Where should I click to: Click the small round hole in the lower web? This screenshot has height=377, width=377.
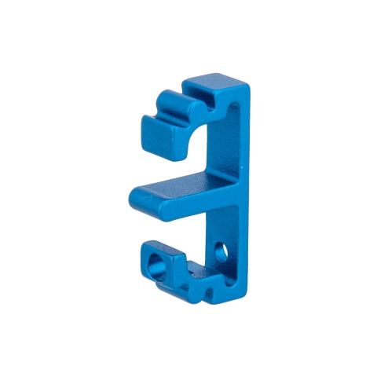tap(221, 253)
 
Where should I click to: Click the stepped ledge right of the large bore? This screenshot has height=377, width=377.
tap(188, 271)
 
